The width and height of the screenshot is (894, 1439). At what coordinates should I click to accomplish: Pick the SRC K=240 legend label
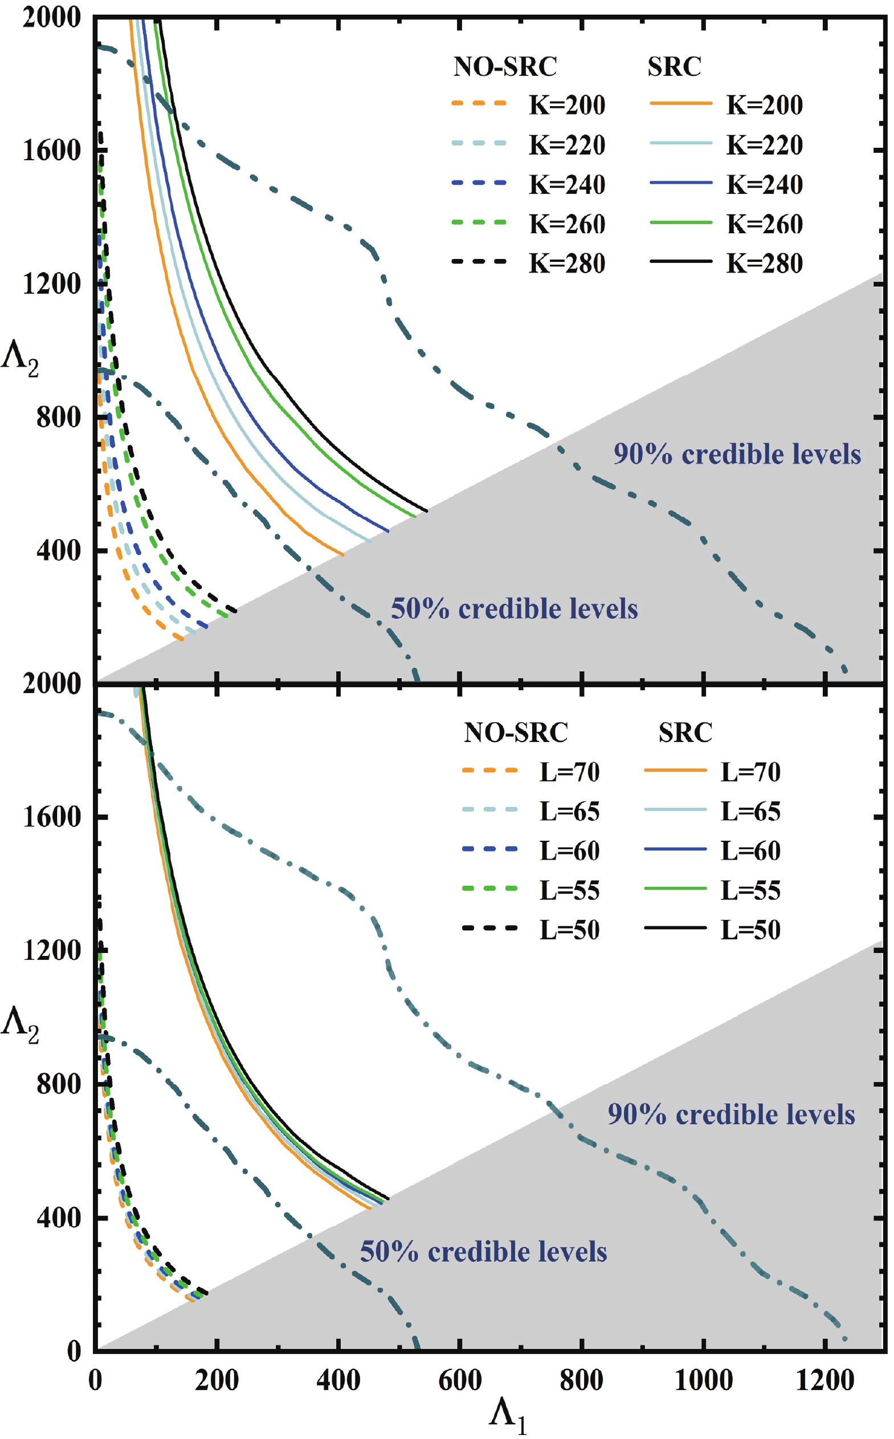(x=764, y=185)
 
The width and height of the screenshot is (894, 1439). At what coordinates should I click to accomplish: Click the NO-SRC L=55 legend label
(x=569, y=890)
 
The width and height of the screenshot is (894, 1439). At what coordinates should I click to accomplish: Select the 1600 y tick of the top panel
(x=51, y=151)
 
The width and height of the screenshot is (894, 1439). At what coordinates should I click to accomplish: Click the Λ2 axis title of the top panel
(x=19, y=359)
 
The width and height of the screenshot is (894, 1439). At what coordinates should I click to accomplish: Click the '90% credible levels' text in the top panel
(x=737, y=455)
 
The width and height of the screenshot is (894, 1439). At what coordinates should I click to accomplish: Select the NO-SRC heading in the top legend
(x=505, y=66)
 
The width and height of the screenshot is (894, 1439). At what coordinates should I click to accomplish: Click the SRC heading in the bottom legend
(x=685, y=732)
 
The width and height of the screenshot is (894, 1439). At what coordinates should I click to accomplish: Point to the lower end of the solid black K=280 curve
(x=426, y=510)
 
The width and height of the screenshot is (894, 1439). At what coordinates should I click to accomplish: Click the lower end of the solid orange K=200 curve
(x=343, y=555)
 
